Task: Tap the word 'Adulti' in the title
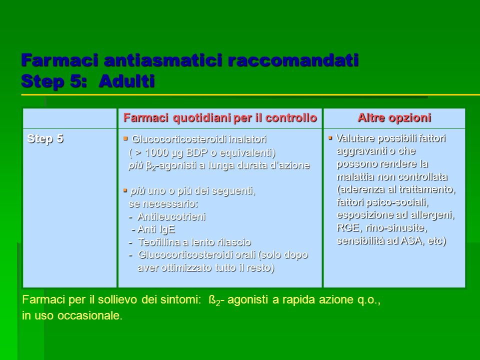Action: click(126, 81)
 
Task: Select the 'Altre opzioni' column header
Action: click(394, 118)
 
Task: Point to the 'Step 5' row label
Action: click(45, 138)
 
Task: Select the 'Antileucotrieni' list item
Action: click(171, 216)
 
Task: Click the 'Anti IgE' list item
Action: click(156, 229)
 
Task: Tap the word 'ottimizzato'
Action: click(186, 268)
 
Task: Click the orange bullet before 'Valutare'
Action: click(330, 138)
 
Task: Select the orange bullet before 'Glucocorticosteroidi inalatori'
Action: click(125, 138)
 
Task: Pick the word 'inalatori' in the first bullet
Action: click(247, 139)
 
